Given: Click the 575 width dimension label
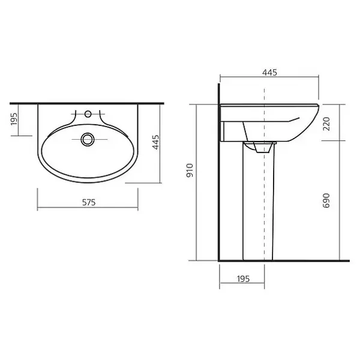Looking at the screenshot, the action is [x=89, y=202].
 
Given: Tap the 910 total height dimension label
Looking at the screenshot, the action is [x=190, y=170].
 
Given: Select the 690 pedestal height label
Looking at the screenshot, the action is [x=326, y=200].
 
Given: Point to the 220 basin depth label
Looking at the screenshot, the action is [x=326, y=124].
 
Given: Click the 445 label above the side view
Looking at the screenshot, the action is [x=270, y=73].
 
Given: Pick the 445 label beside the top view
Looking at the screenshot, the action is [x=155, y=142].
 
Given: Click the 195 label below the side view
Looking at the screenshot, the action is [x=243, y=279].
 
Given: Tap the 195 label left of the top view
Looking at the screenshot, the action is [x=14, y=119].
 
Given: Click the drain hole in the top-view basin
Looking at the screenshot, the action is [x=88, y=139].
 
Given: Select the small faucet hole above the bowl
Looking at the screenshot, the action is [x=88, y=114].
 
